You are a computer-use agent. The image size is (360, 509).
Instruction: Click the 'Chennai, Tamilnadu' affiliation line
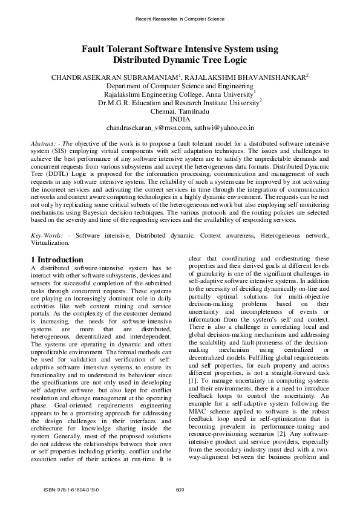click(x=180, y=112)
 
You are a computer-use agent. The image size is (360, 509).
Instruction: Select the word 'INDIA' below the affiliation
click(x=180, y=120)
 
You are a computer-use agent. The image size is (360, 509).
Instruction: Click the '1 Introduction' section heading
click(x=57, y=260)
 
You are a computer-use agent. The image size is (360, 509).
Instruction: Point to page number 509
click(x=180, y=488)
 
